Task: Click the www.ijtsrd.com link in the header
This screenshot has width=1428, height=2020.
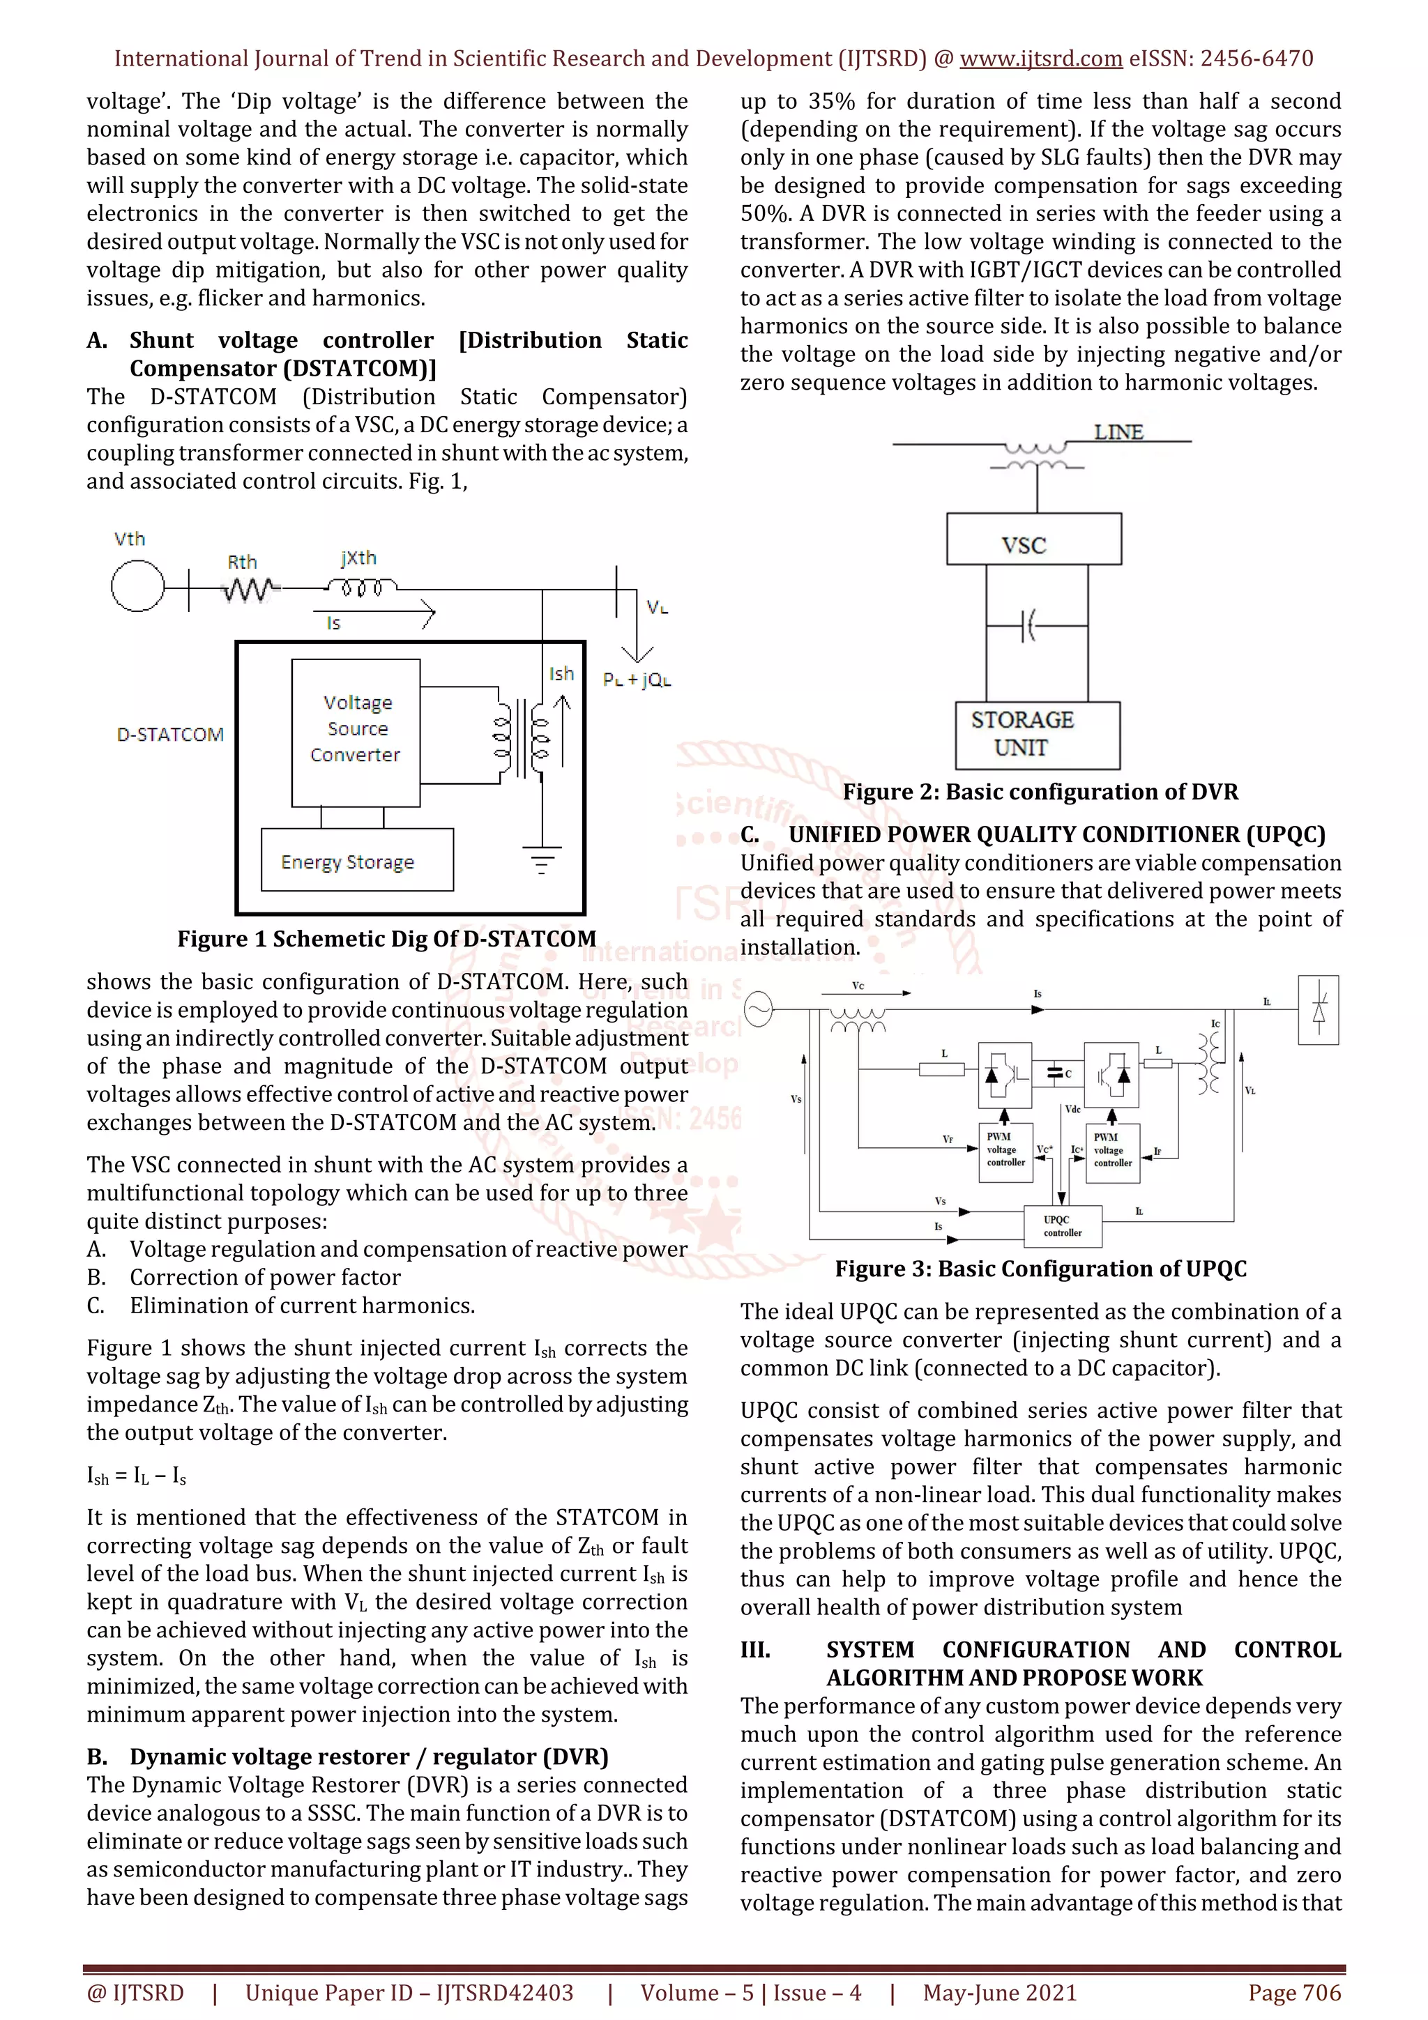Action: tap(1040, 59)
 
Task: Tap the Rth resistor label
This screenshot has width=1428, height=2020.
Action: tap(242, 563)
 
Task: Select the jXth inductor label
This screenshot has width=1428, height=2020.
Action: tap(358, 558)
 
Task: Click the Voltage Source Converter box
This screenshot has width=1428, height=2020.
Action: tap(356, 731)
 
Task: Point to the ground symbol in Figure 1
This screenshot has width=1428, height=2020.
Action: tap(542, 859)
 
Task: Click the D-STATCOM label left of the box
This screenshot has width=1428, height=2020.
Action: tap(170, 735)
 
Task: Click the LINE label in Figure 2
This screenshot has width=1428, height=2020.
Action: tap(1118, 432)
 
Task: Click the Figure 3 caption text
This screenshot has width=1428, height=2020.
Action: tap(1040, 1269)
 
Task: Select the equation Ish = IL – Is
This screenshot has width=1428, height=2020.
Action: tap(137, 1476)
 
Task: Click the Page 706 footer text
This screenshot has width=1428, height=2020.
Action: tap(1293, 1993)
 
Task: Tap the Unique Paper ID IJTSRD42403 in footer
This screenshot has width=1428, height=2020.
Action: tap(409, 1993)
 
